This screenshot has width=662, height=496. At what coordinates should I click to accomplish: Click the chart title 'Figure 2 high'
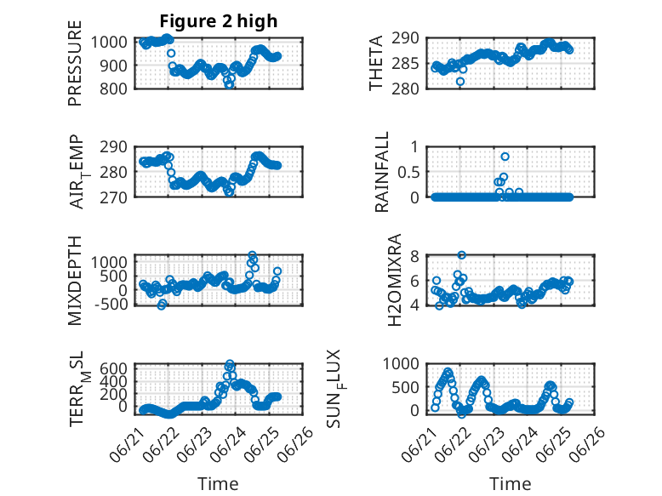pos(219,20)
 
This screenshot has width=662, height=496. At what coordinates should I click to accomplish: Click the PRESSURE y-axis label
pos(74,63)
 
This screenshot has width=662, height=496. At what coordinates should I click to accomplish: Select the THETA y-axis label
pos(375,63)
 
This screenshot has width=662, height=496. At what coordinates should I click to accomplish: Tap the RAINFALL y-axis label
pos(381,171)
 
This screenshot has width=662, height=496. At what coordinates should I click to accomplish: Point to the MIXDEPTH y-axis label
pos(74,280)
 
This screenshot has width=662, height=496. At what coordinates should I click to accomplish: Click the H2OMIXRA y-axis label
pos(394,280)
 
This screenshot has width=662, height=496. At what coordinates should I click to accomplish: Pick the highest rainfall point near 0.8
pos(505,157)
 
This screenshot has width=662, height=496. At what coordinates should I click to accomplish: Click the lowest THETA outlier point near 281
pos(460,82)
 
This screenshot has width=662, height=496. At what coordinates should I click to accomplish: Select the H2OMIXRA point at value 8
pos(461,255)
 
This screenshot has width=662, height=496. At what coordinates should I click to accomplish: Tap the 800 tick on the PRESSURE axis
pos(113,88)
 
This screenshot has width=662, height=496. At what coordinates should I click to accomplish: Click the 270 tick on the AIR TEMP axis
pos(113,197)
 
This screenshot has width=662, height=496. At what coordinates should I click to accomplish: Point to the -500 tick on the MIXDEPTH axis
pos(111,304)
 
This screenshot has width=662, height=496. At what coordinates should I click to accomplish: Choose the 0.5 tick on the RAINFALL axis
pos(408,172)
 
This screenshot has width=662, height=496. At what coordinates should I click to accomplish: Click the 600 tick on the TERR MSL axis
pos(113,368)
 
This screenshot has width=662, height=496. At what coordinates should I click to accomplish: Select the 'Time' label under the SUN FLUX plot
pos(510,483)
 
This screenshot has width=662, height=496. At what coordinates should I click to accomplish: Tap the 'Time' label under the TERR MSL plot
pos(218,483)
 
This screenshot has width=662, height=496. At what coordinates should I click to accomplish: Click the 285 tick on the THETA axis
pos(405,64)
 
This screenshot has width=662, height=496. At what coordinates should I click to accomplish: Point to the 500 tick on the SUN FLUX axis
pos(405,387)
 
